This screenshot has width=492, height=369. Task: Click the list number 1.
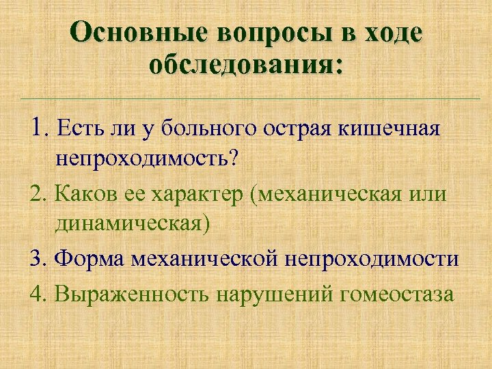click(38, 126)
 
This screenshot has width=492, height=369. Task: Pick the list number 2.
click(38, 193)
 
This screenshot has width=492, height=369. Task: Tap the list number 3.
click(38, 260)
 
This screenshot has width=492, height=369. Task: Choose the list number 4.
click(38, 294)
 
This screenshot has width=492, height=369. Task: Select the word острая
click(295, 128)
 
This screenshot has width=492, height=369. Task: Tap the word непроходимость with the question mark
click(147, 160)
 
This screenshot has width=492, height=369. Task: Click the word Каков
click(81, 193)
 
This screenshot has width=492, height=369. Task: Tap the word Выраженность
click(132, 295)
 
